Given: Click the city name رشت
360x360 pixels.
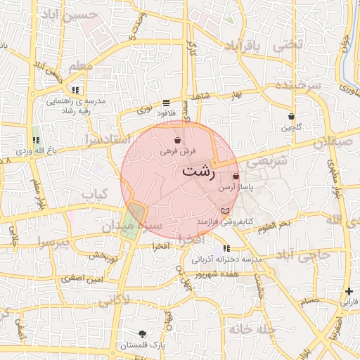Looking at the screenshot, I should tap(199, 171).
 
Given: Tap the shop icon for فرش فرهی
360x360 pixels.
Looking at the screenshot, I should tap(176, 141).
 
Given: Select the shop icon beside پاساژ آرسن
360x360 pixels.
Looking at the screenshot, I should tap(236, 176).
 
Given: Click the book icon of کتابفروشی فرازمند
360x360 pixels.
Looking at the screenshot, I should tap(225, 210).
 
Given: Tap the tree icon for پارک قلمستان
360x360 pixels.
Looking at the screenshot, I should tap(143, 334).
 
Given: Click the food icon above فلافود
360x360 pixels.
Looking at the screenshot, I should tap(166, 102).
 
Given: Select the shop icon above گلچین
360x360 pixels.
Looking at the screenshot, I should tap(291, 116).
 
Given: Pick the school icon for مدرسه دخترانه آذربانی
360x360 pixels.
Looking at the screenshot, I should tap(226, 248).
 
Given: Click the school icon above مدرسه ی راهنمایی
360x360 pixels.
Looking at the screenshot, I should tap(75, 90).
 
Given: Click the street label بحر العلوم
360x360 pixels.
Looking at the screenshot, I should tap(274, 226).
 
